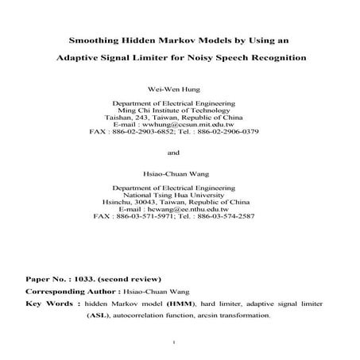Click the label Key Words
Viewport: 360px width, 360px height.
[51, 303]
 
